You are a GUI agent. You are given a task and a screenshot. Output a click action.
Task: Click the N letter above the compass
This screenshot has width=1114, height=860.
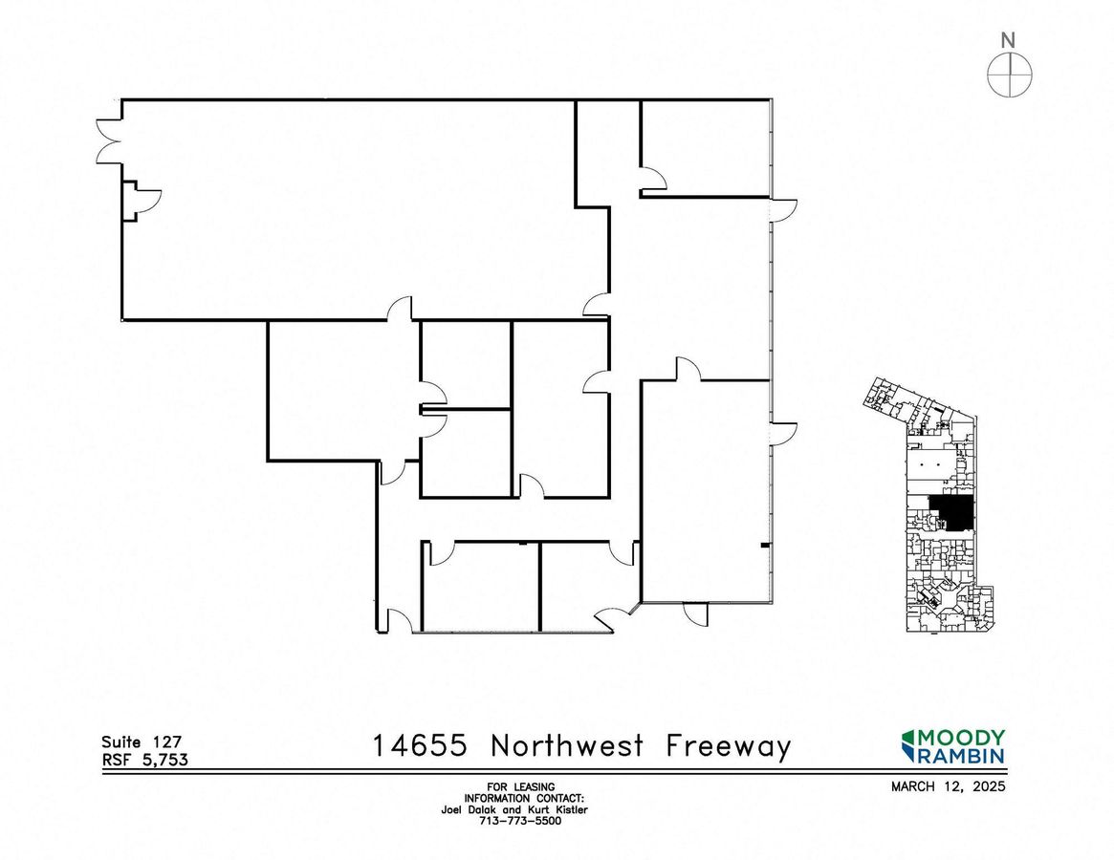click(1008, 40)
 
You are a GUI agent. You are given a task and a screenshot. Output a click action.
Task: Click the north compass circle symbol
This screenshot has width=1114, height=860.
click(1010, 74)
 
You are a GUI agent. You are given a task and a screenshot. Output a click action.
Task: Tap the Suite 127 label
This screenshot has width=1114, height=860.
click(142, 742)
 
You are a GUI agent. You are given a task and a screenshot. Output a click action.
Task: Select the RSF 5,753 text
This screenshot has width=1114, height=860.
click(145, 759)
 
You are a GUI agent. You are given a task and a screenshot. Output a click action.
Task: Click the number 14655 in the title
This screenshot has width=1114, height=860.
click(420, 745)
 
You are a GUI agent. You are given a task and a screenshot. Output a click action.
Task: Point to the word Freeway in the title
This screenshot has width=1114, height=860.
click(729, 748)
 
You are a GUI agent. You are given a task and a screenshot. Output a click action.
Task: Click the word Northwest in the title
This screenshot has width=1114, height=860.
click(567, 745)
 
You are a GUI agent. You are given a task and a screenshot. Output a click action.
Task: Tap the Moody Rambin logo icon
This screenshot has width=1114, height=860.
click(908, 745)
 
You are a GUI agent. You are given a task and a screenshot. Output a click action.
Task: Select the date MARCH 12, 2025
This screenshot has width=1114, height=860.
click(949, 786)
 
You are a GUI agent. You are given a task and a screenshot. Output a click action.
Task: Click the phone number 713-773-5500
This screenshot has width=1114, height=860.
click(520, 821)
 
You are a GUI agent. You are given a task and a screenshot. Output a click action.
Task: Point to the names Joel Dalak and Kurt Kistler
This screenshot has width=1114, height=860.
click(514, 809)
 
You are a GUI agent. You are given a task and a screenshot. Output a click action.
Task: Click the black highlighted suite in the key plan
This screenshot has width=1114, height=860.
click(952, 511)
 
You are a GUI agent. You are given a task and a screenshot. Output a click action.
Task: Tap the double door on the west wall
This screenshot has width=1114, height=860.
click(109, 142)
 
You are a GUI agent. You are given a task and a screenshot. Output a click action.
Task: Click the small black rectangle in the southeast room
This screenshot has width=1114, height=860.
click(765, 546)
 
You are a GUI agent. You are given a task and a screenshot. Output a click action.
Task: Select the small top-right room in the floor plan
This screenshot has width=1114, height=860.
click(706, 148)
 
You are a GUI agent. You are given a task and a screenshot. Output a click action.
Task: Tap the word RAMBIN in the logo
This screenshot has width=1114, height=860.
click(963, 755)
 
